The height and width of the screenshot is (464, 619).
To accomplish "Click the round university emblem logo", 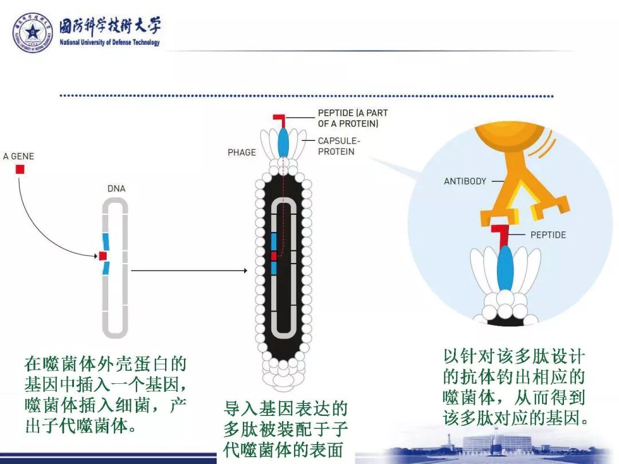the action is (x=33, y=33).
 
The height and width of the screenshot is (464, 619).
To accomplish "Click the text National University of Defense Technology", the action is (x=109, y=43).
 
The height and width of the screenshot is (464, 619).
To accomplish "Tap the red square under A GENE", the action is (x=19, y=169).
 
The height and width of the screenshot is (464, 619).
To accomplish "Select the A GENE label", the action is (x=18, y=156).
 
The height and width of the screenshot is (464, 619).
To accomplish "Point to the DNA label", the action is (x=116, y=188).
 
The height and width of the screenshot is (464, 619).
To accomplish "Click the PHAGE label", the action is (x=242, y=152).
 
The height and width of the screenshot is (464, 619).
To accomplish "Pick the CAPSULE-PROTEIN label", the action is (x=336, y=146).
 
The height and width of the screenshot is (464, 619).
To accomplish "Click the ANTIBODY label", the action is (x=465, y=181).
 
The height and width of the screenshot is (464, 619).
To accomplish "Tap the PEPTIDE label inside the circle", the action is (x=548, y=235).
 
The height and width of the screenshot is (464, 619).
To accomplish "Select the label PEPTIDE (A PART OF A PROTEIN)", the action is (x=352, y=118).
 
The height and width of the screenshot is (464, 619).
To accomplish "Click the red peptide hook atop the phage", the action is (x=280, y=120).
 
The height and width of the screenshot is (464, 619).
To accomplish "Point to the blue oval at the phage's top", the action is (x=283, y=143).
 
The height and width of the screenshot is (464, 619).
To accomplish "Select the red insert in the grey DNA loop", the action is (x=103, y=256).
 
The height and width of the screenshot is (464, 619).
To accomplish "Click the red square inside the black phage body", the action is (x=274, y=256).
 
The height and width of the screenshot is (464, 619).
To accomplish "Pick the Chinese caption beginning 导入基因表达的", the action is (x=285, y=429).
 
